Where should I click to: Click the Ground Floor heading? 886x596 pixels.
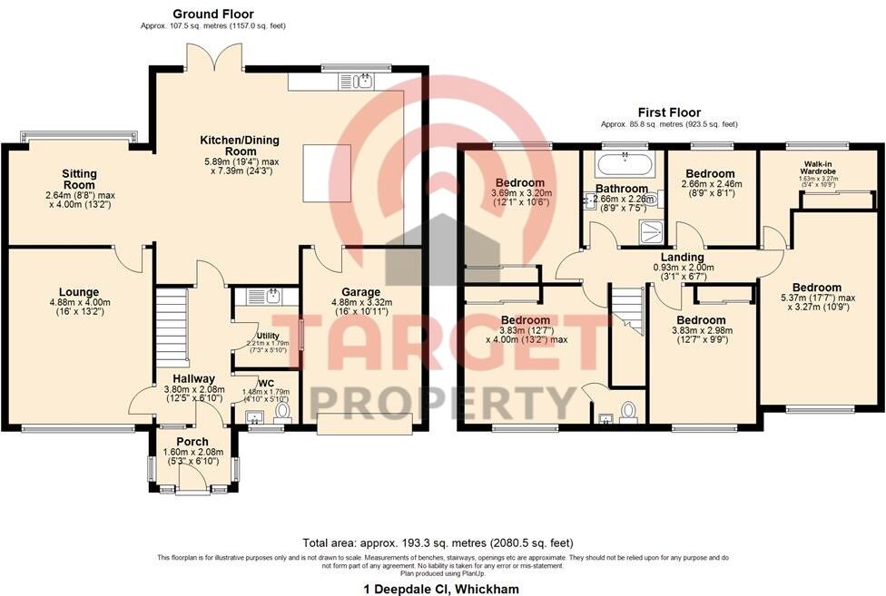coord(213,14)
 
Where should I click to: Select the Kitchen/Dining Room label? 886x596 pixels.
coord(240,146)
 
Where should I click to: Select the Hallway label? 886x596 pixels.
coord(194,378)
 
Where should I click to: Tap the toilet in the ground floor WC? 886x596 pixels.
coord(282,412)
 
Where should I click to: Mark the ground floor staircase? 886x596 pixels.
coord(170,323)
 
